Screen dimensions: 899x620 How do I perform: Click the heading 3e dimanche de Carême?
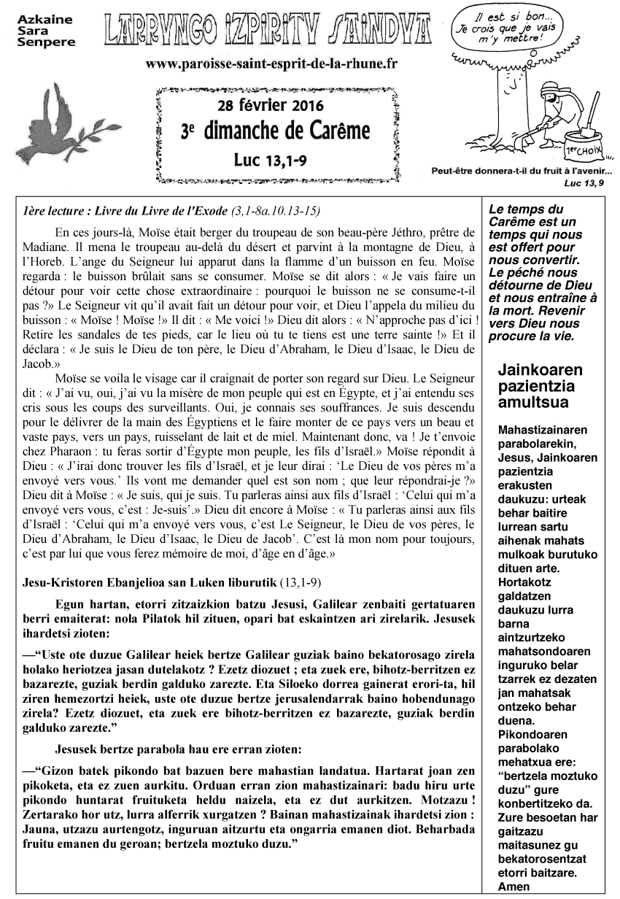pos(274,131)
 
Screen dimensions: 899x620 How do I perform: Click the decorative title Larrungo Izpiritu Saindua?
pos(263,31)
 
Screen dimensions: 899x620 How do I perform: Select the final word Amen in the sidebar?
pos(514,887)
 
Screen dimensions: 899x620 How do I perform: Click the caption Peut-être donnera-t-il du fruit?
pos(521,172)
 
